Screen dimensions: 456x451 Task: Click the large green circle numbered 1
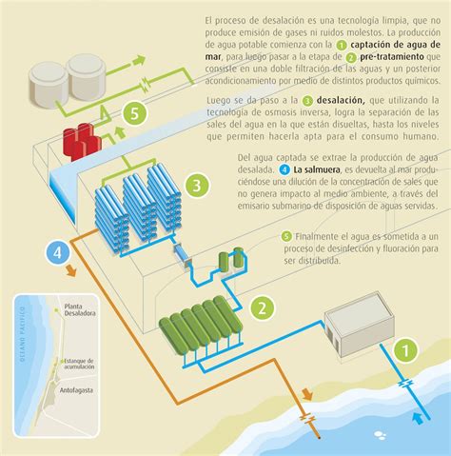(403, 353)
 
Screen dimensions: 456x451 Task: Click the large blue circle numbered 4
(58, 253)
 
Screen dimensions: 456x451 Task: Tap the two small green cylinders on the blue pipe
(230, 258)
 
